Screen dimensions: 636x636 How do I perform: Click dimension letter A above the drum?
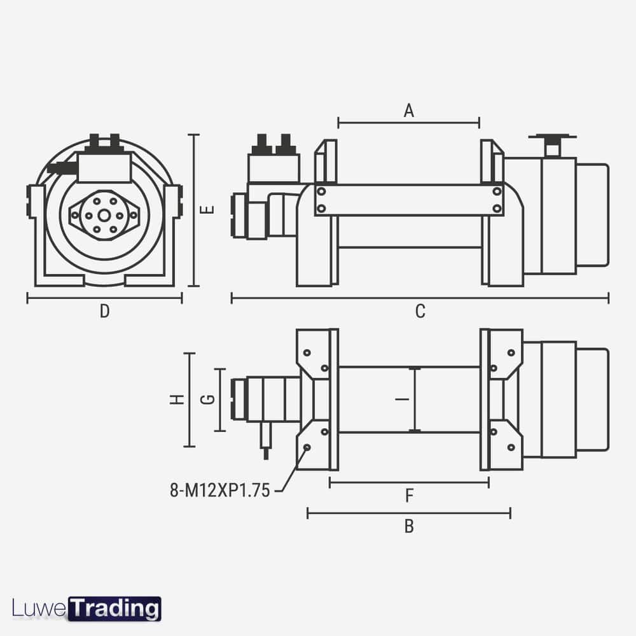[409, 110]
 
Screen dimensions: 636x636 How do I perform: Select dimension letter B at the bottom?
[409, 527]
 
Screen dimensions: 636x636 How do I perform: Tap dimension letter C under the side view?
[420, 312]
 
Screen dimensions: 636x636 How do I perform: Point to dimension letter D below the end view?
[105, 312]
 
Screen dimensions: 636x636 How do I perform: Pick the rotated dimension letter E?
[209, 209]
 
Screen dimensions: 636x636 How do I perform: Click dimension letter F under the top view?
[410, 496]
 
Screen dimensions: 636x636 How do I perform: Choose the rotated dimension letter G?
[207, 400]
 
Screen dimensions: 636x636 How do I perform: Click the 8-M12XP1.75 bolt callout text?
[220, 490]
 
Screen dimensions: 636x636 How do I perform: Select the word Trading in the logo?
[114, 609]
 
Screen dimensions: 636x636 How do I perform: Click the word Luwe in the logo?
[39, 609]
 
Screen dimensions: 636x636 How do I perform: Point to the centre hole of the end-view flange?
[104, 215]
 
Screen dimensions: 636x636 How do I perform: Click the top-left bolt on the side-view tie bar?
[322, 191]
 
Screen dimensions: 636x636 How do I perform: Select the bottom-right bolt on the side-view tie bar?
[497, 208]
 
